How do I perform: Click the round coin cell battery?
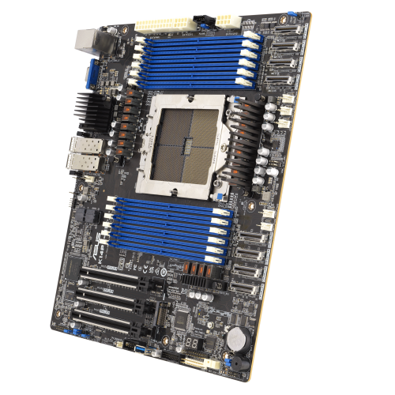coord(237,337)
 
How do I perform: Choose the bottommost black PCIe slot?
coord(103,322)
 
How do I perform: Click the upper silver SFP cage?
coord(79,149)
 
